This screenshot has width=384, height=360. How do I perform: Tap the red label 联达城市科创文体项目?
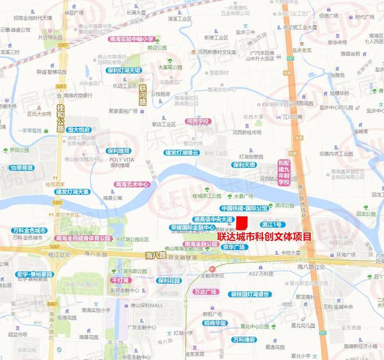264,237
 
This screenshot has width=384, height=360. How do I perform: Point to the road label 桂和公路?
59,111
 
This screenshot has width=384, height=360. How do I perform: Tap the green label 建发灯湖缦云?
182,153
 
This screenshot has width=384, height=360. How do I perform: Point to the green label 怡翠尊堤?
23,168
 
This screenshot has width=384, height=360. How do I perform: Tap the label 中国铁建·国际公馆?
244,208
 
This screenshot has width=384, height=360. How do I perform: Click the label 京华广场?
234,247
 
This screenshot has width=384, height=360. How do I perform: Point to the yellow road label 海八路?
156,255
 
